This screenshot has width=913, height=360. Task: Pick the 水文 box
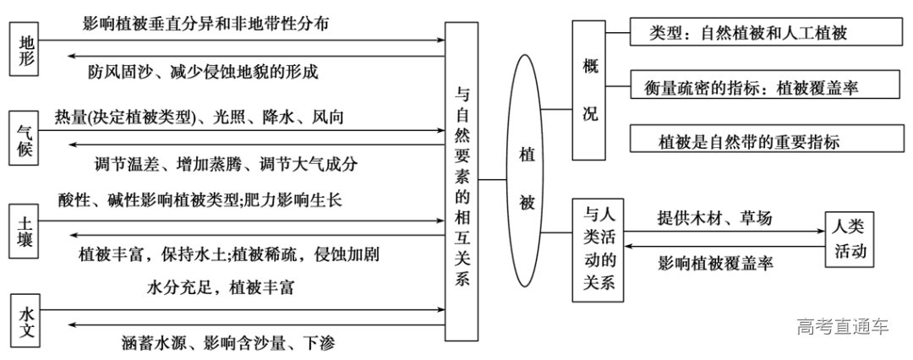(x=27, y=319)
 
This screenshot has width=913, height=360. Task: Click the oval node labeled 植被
(x=527, y=179)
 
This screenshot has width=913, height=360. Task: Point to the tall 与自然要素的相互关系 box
(x=461, y=181)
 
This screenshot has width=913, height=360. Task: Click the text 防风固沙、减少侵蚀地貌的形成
(x=203, y=71)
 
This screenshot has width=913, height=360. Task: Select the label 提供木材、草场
(x=714, y=217)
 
